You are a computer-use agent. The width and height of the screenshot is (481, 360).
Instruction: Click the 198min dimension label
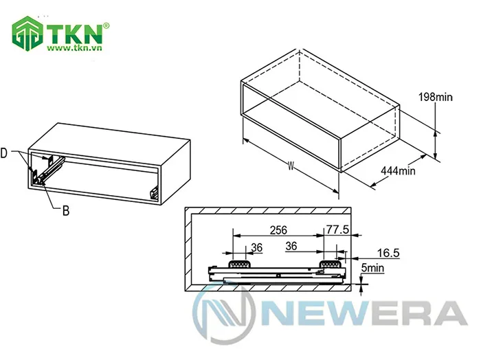coord(436,98)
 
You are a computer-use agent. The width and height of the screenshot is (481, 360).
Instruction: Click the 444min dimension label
coord(398,170)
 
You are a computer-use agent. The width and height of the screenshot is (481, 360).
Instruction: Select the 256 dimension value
coord(278,229)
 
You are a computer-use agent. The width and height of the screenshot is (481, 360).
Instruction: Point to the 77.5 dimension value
coord(338,229)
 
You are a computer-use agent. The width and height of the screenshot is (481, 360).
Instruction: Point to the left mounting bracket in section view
coord(238,262)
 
